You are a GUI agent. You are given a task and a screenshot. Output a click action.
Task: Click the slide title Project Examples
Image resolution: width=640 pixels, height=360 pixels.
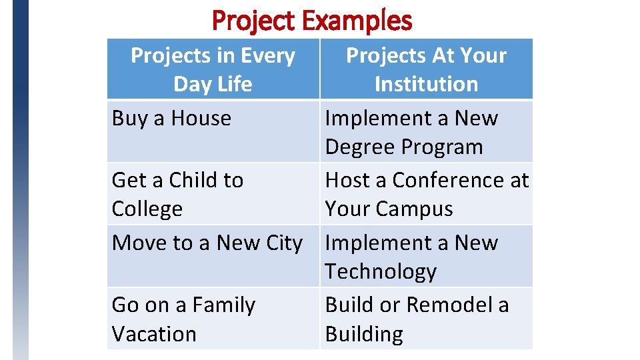coord(312,21)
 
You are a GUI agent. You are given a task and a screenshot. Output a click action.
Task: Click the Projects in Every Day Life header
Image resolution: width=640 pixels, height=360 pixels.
coord(213,69)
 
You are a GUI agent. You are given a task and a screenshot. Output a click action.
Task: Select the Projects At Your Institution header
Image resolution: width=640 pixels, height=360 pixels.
coord(426,69)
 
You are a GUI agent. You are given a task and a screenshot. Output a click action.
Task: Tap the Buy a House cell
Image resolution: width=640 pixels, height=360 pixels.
coord(172,119)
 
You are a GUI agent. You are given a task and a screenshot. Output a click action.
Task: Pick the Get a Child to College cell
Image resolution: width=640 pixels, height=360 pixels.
coord(177,194)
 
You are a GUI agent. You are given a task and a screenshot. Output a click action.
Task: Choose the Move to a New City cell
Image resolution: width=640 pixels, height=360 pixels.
coord(207,243)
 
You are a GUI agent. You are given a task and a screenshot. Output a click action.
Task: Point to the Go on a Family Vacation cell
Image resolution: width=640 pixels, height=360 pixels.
coord(183,319)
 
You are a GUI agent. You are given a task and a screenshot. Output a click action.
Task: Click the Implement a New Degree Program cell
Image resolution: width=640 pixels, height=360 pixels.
coord(411,132)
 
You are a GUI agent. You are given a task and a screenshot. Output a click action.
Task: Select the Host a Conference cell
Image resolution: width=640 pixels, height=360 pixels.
coord(426,194)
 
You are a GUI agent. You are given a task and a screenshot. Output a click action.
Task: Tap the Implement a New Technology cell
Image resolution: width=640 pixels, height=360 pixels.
coord(411,257)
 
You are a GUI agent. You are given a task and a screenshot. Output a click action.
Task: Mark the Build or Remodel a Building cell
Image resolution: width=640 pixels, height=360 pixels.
coord(417,319)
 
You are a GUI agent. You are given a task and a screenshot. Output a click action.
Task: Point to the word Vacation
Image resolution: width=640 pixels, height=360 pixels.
coord(154,333)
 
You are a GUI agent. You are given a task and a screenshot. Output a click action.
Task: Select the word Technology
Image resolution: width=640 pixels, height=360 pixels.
coord(381,271)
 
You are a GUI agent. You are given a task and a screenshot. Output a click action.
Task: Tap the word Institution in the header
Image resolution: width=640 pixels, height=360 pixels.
coord(426,84)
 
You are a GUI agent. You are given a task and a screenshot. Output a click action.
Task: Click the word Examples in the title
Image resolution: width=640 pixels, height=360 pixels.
coord(357,21)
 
